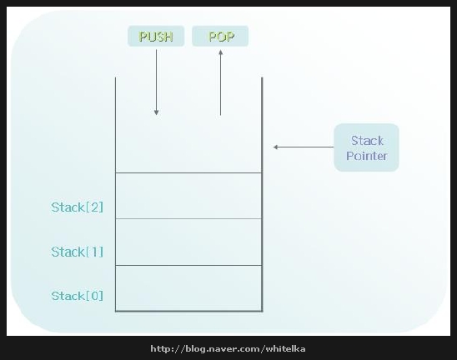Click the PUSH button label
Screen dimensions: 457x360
(156, 36)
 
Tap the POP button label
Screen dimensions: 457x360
(220, 36)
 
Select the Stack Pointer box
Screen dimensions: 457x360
(366, 147)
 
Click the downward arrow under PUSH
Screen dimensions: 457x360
(156, 82)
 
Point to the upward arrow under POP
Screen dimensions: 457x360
(221, 82)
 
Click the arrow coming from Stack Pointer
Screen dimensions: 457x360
(304, 147)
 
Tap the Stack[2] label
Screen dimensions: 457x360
(78, 207)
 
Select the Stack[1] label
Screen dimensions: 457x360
(78, 252)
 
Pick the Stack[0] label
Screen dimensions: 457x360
(78, 296)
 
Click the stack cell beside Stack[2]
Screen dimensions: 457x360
(188, 196)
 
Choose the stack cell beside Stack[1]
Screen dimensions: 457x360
(188, 242)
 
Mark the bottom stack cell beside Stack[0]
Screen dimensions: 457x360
(188, 288)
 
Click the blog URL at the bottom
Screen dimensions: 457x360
(228, 348)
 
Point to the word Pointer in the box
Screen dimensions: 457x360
(367, 156)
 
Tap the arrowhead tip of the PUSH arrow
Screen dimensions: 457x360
(156, 115)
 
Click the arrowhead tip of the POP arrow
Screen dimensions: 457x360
(221, 50)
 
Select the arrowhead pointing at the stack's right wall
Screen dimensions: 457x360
(275, 147)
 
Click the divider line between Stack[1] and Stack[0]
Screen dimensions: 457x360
(188, 265)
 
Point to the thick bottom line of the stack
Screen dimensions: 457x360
(188, 312)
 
